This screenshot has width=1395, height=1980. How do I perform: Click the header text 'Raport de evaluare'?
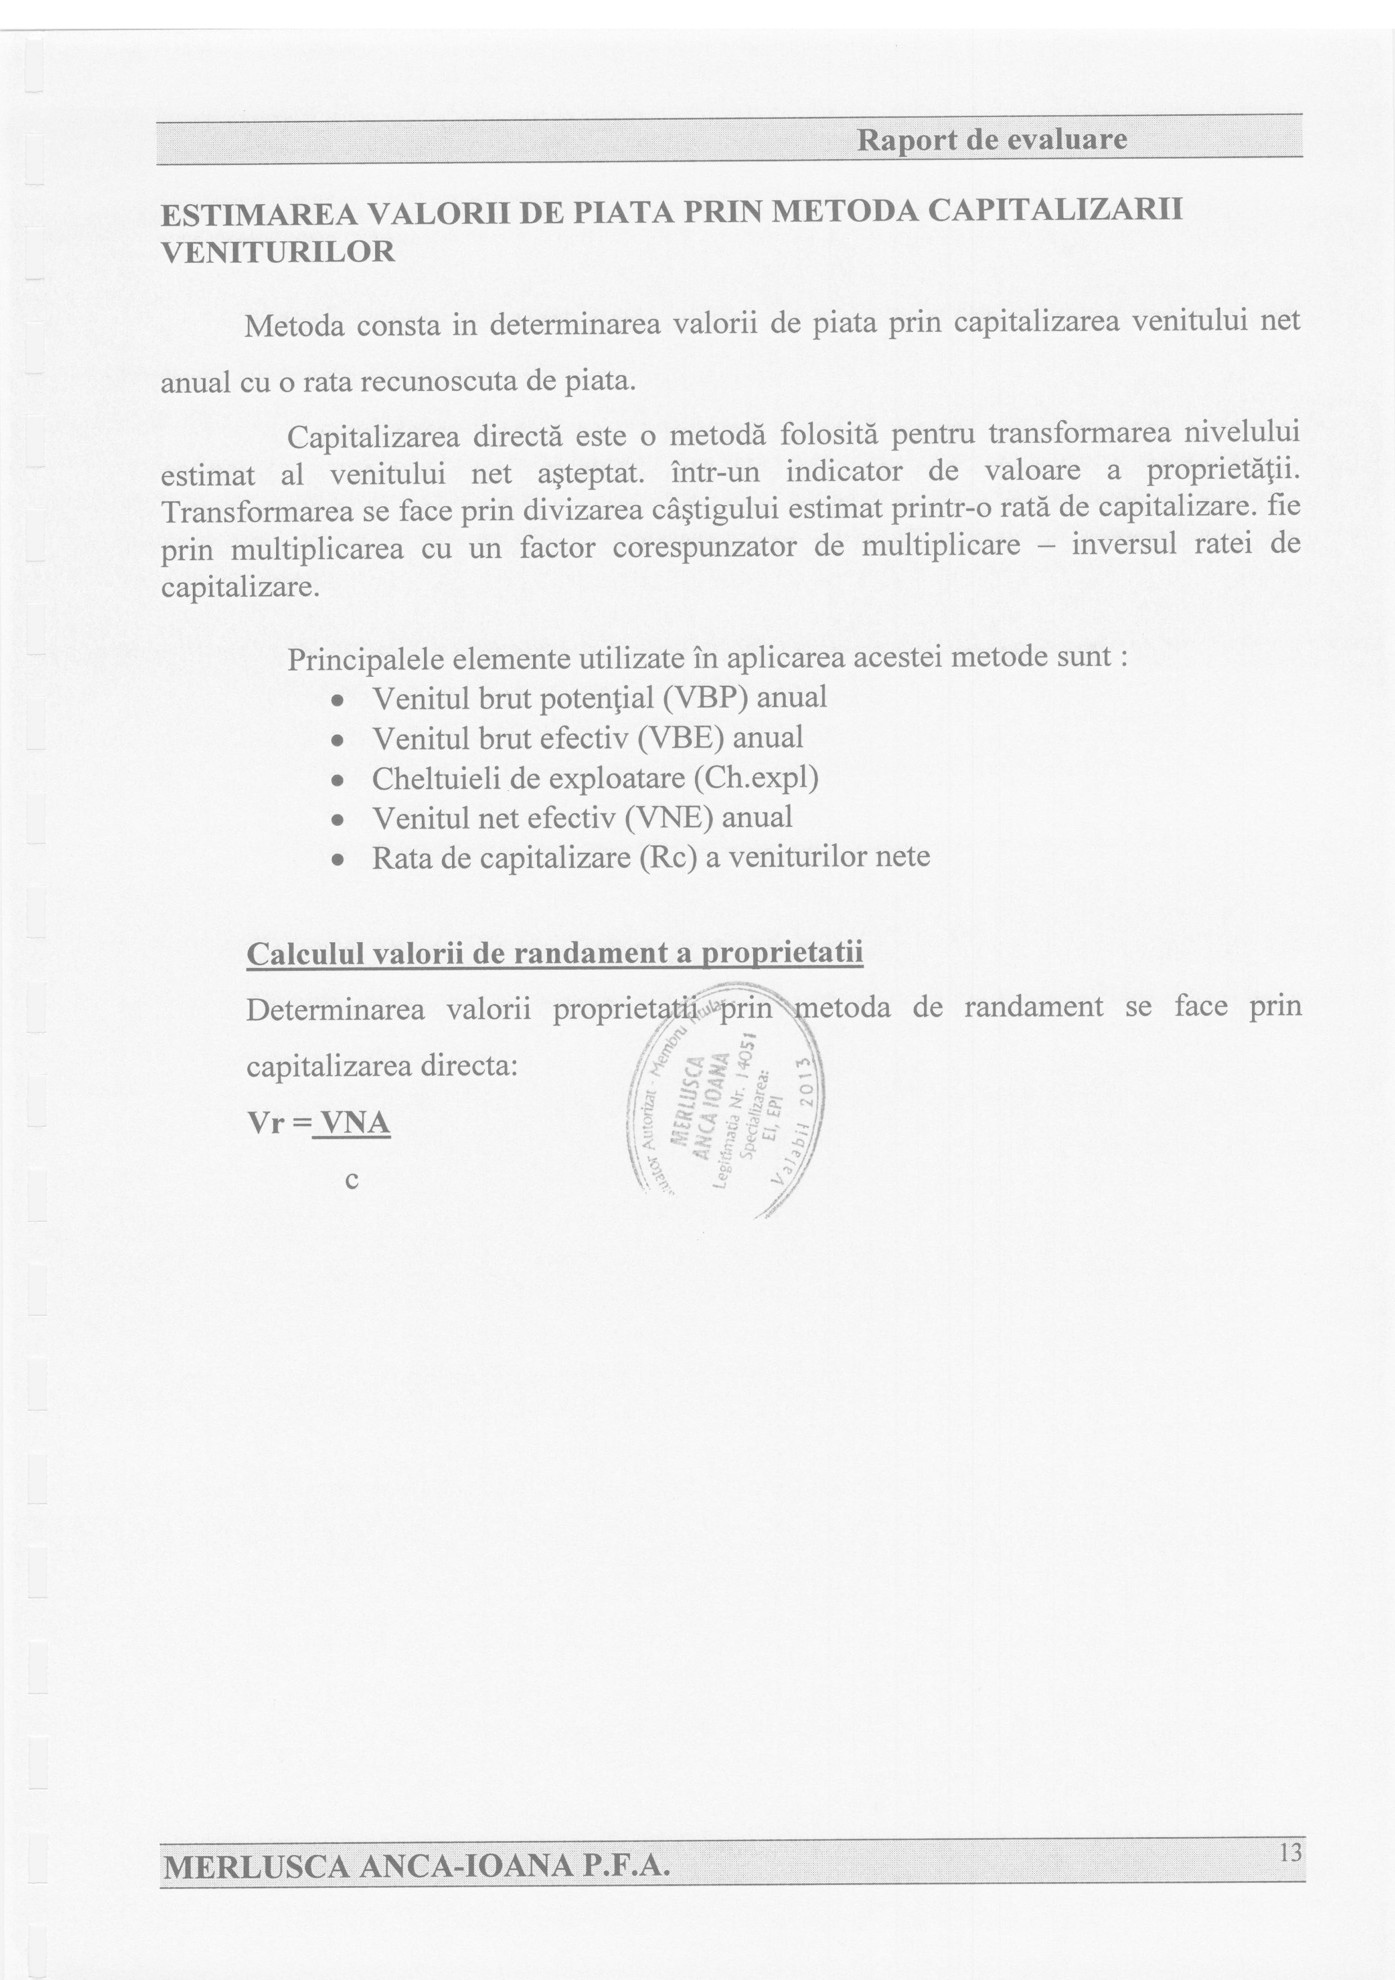click(x=992, y=139)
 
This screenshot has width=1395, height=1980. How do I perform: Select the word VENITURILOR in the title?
click(x=278, y=253)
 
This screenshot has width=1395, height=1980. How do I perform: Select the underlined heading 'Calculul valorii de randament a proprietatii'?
click(x=555, y=954)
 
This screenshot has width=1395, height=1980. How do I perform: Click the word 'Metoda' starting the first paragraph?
click(x=294, y=327)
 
